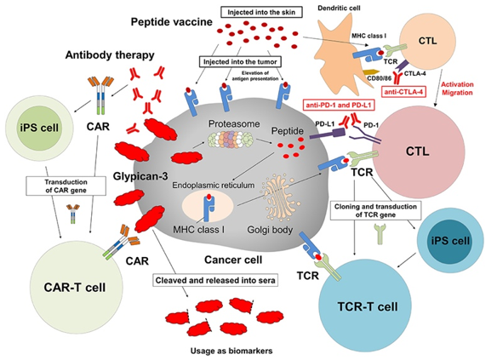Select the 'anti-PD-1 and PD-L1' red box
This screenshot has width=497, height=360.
pos(342,105)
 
